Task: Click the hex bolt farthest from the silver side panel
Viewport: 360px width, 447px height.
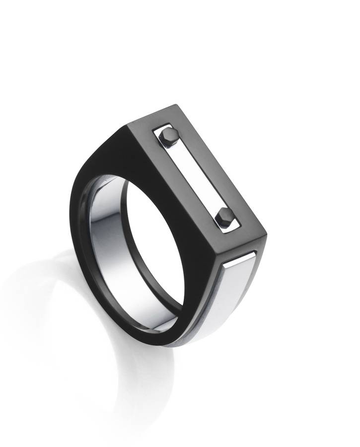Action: tap(169, 136)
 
